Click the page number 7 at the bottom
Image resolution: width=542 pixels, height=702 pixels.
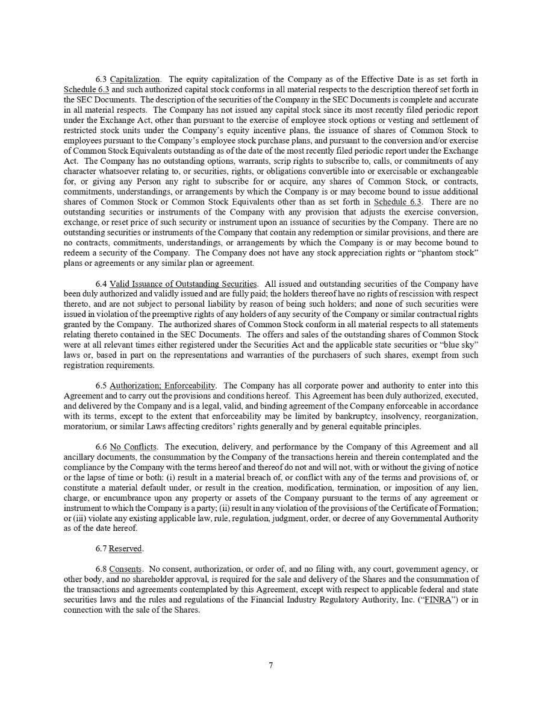click(271, 666)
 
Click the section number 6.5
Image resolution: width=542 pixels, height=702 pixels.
click(101, 386)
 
